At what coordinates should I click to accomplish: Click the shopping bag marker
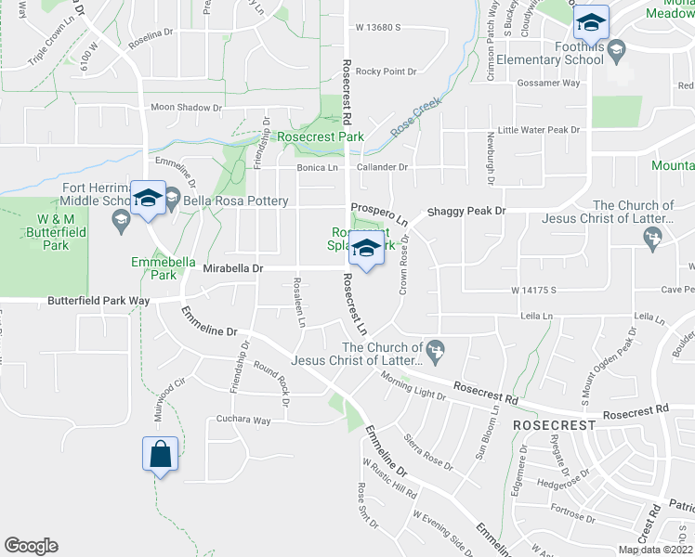click(161, 455)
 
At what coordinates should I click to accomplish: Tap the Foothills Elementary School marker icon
click(590, 21)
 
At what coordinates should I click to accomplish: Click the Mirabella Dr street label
click(233, 268)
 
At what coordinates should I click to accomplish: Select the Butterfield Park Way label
click(99, 302)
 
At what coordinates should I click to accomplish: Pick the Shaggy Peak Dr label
click(466, 212)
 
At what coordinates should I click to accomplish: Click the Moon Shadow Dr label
click(187, 108)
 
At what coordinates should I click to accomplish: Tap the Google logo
click(31, 546)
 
